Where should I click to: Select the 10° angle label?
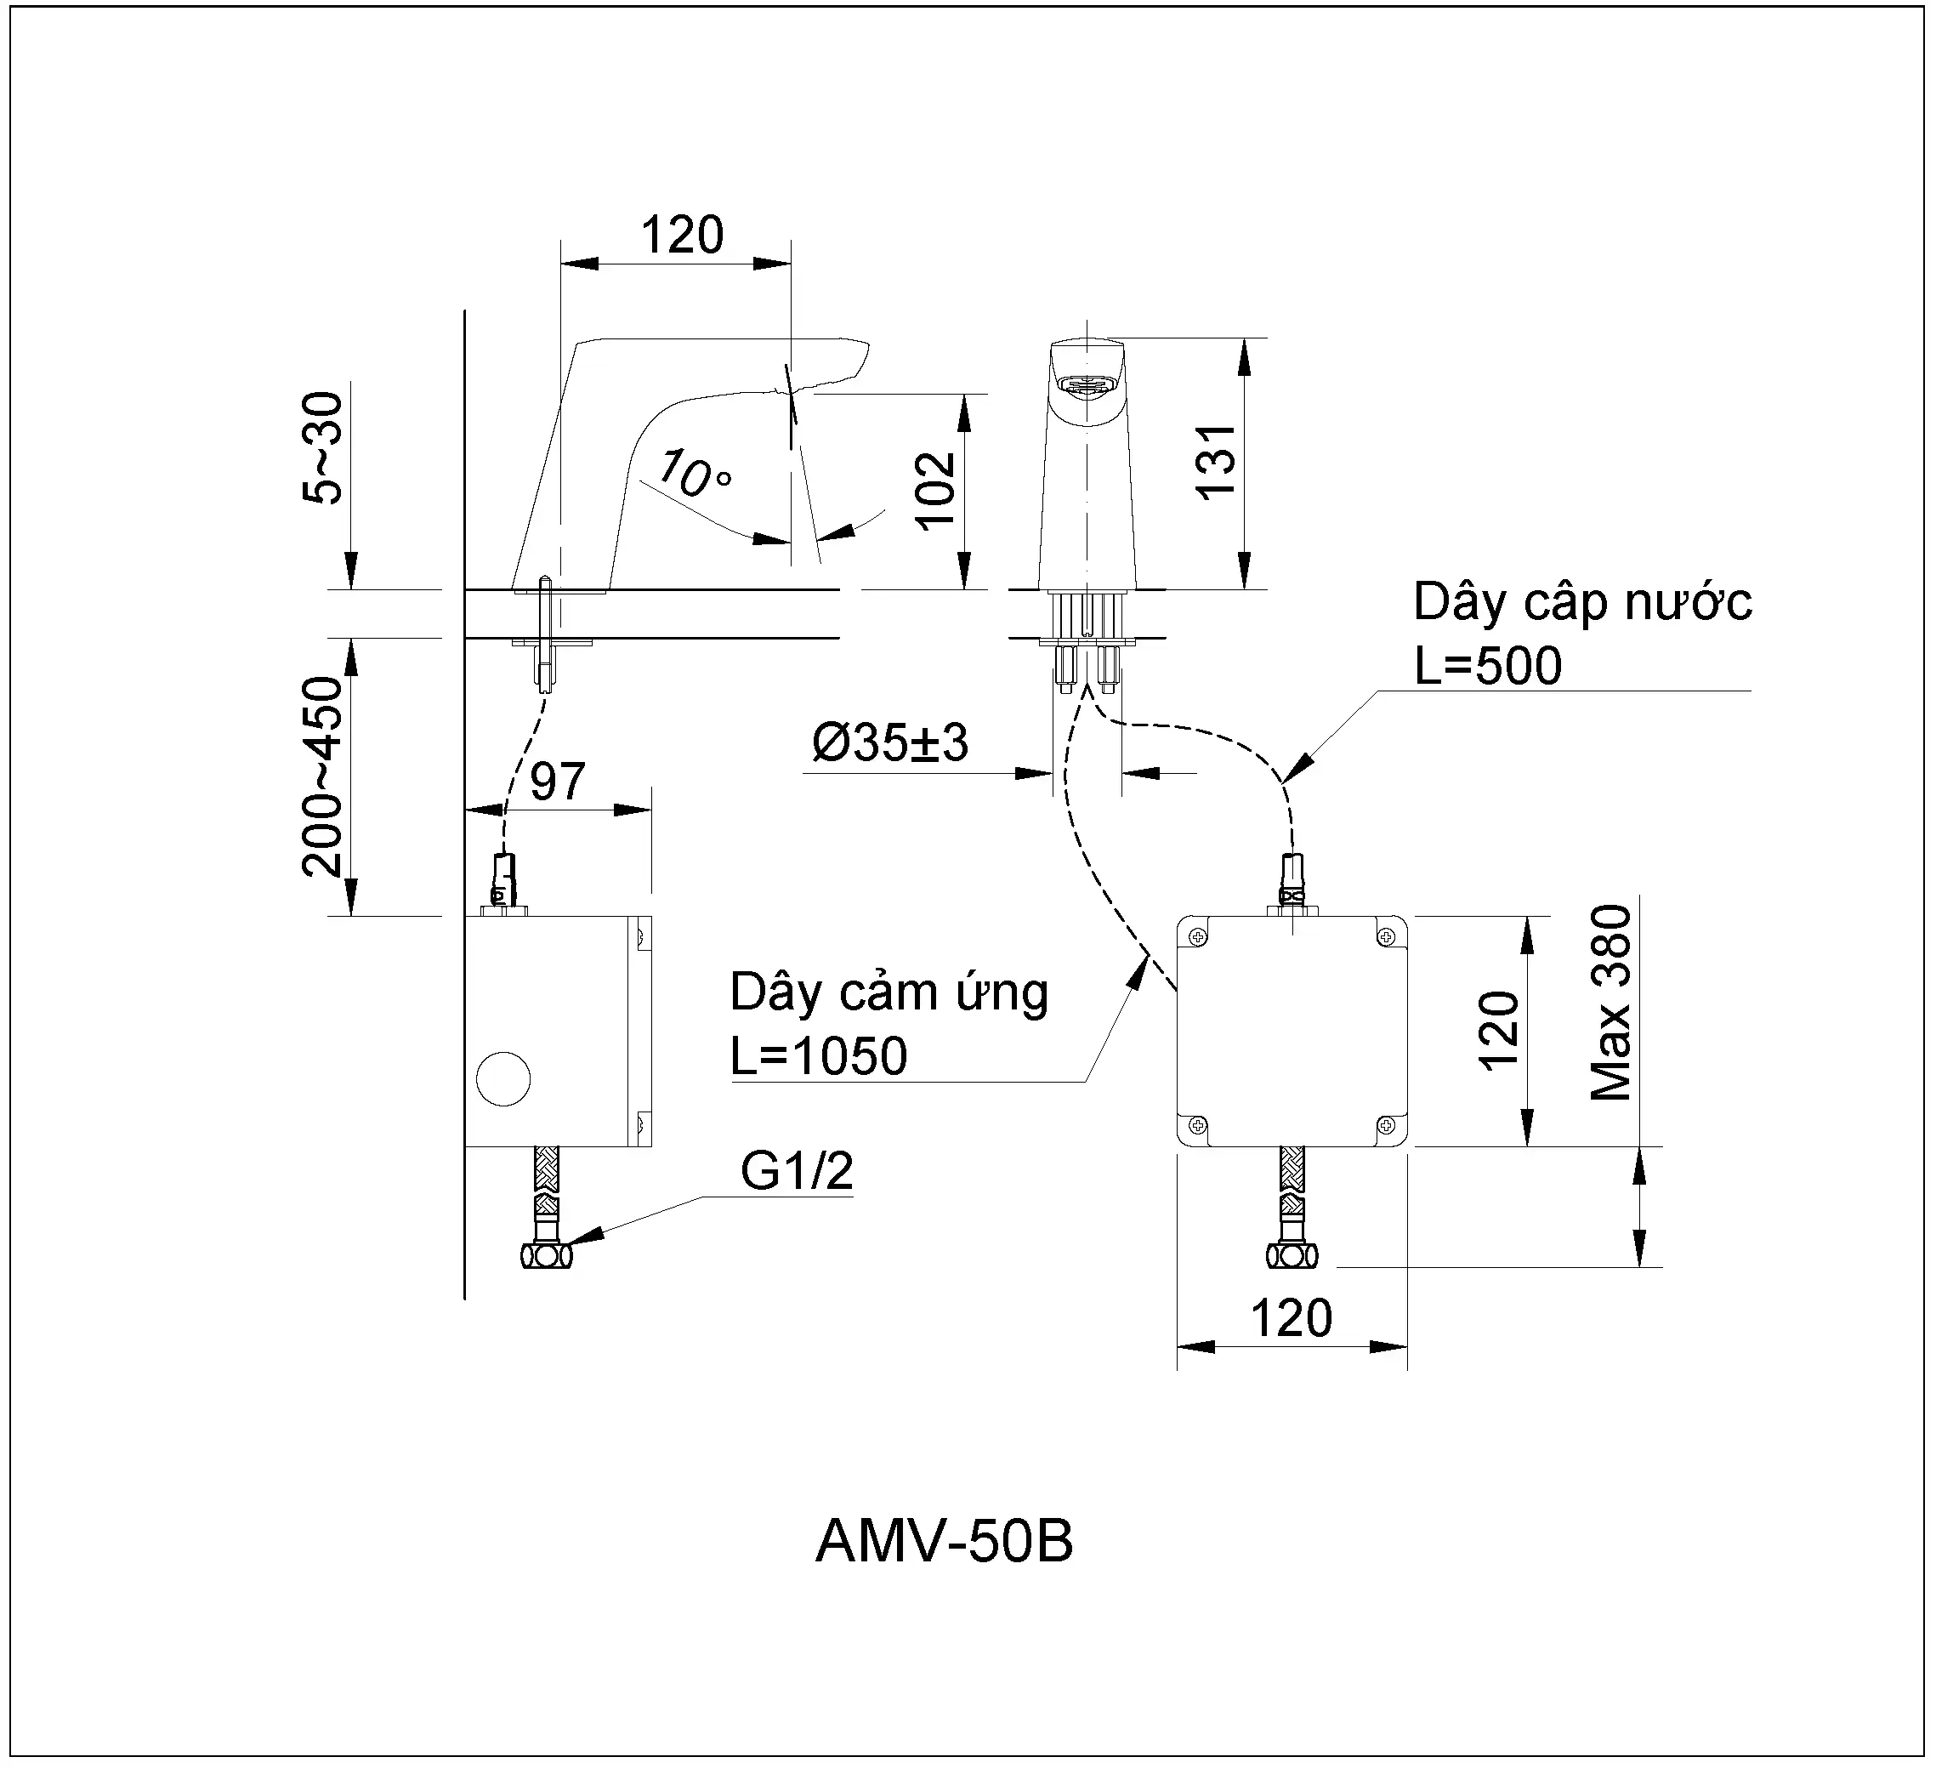693,475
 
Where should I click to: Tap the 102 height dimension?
935,491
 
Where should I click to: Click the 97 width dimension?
557,781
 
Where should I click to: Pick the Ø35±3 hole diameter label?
890,742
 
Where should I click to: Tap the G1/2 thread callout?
797,1171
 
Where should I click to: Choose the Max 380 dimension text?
1610,1003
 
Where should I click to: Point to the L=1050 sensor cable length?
818,1055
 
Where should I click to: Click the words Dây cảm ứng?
889,992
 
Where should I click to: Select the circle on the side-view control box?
503,1078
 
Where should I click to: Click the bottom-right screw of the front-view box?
1386,1125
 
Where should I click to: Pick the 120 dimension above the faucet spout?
682,235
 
